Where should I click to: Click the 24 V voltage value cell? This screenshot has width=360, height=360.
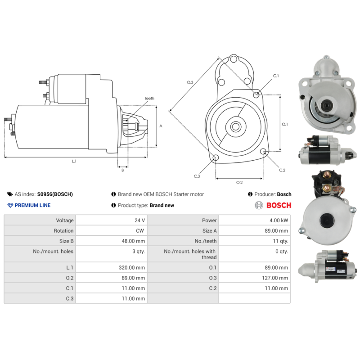coord(140,220)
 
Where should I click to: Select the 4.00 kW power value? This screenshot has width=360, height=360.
coord(279,220)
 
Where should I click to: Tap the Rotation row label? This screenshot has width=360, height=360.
coord(63,231)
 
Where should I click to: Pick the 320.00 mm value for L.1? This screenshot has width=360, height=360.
coord(131,267)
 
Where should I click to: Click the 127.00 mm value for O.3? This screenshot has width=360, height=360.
coord(275,278)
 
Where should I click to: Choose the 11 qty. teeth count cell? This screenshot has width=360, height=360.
coord(280,241)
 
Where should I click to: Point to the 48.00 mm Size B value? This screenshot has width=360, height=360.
coord(133,241)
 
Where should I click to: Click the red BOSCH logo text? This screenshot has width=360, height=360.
coord(279,206)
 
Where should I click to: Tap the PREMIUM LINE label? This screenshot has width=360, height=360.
coord(32,206)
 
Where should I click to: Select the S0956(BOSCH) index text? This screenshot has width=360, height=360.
coord(55,194)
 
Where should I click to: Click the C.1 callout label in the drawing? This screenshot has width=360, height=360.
coord(275,76)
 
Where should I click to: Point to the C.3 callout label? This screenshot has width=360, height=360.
coord(197,176)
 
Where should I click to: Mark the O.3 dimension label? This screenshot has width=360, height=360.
coord(190,82)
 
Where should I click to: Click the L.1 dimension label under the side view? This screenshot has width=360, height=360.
coord(74,161)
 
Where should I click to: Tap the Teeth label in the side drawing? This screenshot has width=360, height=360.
coord(149,98)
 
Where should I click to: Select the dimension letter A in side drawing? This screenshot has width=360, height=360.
coord(161,126)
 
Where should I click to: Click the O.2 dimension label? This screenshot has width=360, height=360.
coord(239,182)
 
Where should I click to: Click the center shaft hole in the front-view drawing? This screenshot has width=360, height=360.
coord(235,126)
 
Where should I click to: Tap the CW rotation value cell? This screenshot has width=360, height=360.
coord(141,231)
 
